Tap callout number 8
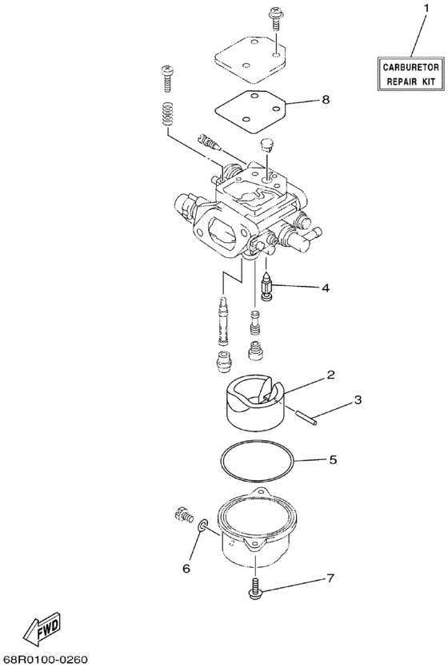[x=326, y=100]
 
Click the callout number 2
[x=329, y=374]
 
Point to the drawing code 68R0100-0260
[x=45, y=659]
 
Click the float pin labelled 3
[x=306, y=417]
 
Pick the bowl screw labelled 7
[x=255, y=588]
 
